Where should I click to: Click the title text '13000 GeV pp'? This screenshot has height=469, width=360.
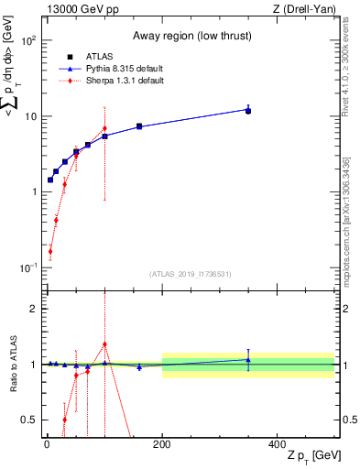(78, 9)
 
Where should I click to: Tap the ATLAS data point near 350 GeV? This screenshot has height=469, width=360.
(248, 110)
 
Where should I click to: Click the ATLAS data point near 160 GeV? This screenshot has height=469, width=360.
(139, 126)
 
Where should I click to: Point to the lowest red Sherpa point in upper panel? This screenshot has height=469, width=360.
(50, 251)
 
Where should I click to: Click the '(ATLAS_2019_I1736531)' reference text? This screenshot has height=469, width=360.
(189, 274)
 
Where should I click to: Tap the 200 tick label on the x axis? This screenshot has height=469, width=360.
(162, 445)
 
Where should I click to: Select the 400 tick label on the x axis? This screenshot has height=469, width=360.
(278, 445)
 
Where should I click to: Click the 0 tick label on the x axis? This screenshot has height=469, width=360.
(47, 445)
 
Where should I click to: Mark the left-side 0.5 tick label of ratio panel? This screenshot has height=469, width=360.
(31, 420)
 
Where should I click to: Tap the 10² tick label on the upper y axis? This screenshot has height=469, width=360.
(29, 41)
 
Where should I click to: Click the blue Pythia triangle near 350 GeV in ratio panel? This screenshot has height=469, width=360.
(248, 359)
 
